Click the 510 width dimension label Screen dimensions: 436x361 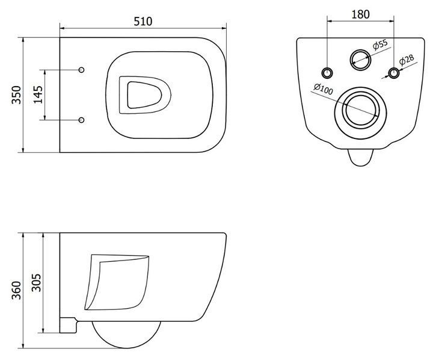[143, 22]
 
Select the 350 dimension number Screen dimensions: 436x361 [16, 95]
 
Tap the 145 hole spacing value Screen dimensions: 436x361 [38, 94]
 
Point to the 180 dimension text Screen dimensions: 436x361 [361, 14]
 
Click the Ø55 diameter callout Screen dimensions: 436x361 [380, 44]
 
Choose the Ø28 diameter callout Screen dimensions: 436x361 [407, 60]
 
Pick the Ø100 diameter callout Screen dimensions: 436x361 [324, 89]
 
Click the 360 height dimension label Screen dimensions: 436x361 [16, 291]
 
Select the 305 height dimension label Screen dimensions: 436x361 [36, 283]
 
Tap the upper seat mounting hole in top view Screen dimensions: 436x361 [81, 70]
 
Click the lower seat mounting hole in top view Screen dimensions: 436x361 [81, 120]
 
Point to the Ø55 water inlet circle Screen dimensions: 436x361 [360, 60]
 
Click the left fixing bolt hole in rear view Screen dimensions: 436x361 [327, 73]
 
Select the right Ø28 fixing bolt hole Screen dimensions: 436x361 [394, 73]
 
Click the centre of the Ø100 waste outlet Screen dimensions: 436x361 [361, 113]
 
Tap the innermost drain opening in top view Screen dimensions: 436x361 [144, 95]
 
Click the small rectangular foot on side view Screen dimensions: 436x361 [68, 325]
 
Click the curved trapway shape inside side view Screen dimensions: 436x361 [117, 282]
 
